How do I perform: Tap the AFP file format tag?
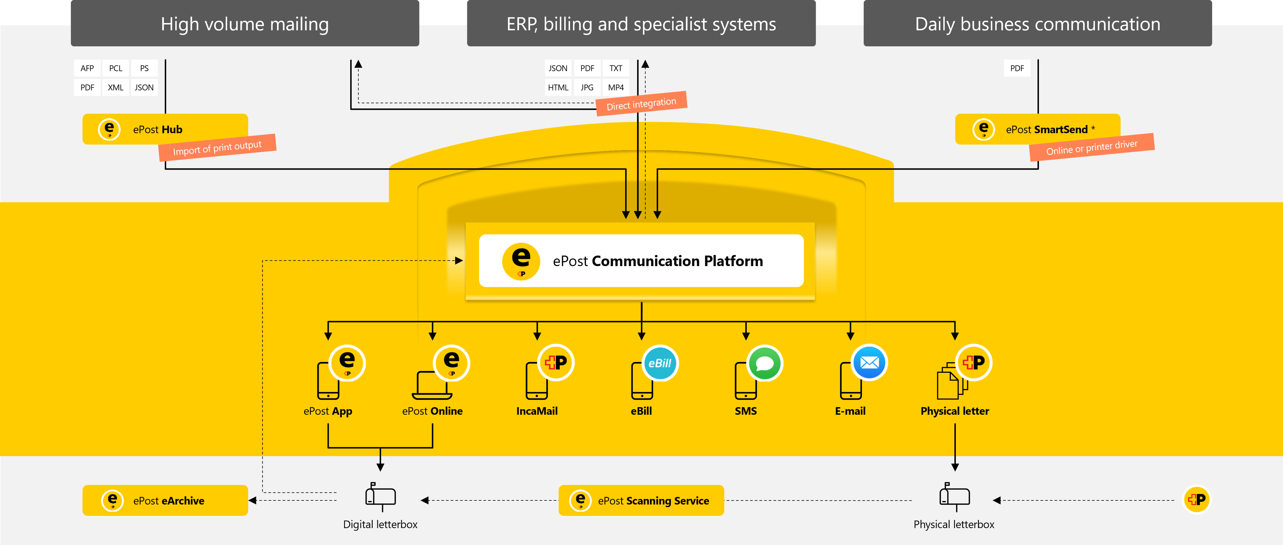pyautogui.click(x=87, y=68)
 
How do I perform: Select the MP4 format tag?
pyautogui.click(x=616, y=88)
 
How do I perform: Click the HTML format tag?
pyautogui.click(x=558, y=88)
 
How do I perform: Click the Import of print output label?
pyautogui.click(x=217, y=148)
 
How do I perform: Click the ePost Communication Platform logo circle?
pyautogui.click(x=521, y=261)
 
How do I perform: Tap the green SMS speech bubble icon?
pyautogui.click(x=765, y=363)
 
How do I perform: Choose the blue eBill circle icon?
pyautogui.click(x=660, y=363)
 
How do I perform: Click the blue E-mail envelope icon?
pyautogui.click(x=870, y=363)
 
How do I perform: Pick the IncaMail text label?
pyautogui.click(x=537, y=411)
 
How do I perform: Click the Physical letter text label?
pyautogui.click(x=954, y=411)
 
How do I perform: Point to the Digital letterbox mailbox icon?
pyautogui.click(x=380, y=496)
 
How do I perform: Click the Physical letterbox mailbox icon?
pyautogui.click(x=954, y=496)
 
